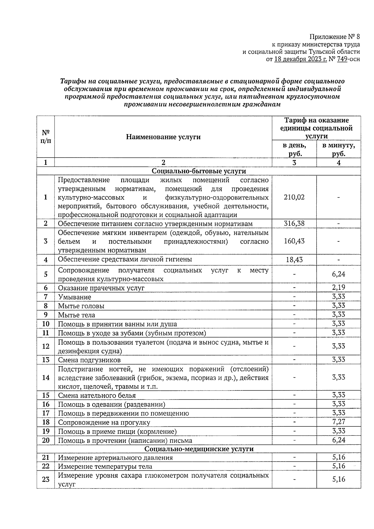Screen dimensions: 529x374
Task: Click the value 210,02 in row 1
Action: [x=294, y=197]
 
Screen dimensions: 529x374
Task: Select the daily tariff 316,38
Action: [x=294, y=224]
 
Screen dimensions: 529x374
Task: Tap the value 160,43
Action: [x=294, y=241]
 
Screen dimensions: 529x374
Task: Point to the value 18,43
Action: [x=294, y=260]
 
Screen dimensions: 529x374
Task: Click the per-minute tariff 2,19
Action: [x=338, y=287]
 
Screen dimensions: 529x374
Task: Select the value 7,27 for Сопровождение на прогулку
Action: [x=338, y=422]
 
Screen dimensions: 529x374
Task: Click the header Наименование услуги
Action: [x=163, y=137]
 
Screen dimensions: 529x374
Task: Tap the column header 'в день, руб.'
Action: [x=294, y=149]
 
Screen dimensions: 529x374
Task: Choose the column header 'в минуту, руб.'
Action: [x=338, y=149]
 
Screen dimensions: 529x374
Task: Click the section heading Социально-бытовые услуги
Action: [x=199, y=171]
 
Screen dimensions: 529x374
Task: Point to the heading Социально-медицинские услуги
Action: [x=199, y=449]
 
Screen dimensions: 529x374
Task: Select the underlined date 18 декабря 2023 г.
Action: [x=300, y=59]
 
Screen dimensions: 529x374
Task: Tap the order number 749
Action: [x=342, y=59]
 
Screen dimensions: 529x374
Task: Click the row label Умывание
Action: [x=75, y=297]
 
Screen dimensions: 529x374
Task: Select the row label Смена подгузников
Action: [x=89, y=360]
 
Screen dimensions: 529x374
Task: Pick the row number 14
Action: [x=46, y=378]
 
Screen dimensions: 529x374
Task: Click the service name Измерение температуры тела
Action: [x=105, y=467]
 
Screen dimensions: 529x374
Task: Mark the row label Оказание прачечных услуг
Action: [x=101, y=288]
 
